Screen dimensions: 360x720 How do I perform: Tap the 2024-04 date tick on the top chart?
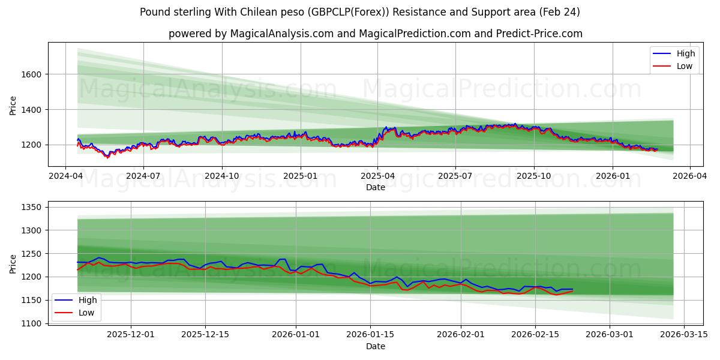pos(65,177)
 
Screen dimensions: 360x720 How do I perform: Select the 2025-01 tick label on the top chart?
pos(299,177)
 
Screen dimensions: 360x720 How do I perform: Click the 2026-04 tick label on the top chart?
pos(689,177)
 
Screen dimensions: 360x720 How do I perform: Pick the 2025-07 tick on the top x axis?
pos(455,177)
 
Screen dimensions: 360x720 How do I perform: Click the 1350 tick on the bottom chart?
pos(31,208)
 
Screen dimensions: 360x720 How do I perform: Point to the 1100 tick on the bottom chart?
pos(31,323)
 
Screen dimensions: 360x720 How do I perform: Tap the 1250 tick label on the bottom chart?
pos(31,254)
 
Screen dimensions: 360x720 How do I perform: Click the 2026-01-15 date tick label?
pos(370,334)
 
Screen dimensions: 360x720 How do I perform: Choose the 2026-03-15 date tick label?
pos(684,334)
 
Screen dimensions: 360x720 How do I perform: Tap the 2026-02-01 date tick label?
pos(461,334)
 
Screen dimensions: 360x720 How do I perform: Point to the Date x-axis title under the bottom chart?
pos(376,346)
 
